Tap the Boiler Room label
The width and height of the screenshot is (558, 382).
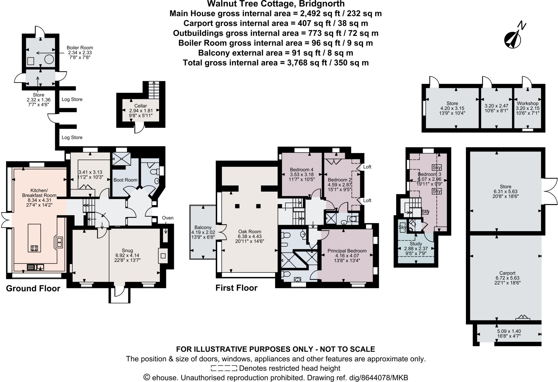(80, 48)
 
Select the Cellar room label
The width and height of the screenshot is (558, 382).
(141, 106)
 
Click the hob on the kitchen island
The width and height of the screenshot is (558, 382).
(34, 248)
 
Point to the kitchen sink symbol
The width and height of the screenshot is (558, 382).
(35, 267)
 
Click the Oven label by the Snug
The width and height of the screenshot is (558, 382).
(168, 218)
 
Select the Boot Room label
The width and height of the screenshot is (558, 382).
(125, 180)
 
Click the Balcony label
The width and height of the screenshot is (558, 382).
(203, 228)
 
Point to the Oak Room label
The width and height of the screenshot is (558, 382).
(249, 232)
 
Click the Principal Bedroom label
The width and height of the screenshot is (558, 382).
(347, 251)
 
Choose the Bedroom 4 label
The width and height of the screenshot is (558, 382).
(302, 169)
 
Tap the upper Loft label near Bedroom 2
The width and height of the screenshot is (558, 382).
(367, 167)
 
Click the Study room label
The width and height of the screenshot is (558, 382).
(416, 244)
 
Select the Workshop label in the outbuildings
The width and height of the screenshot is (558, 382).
(527, 103)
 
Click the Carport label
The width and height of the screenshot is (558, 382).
(507, 273)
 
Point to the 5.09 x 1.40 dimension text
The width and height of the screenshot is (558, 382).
(509, 331)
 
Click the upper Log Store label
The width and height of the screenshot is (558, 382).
(72, 99)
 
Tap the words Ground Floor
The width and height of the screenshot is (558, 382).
(33, 289)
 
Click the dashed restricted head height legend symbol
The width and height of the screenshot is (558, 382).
(224, 368)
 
